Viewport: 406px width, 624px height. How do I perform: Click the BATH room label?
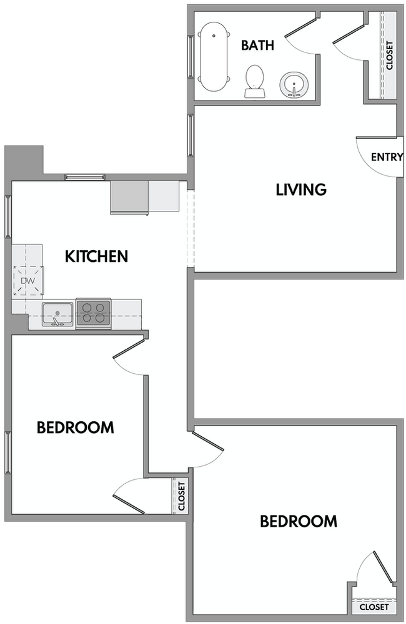click(256, 45)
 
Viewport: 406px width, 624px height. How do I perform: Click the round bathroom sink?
click(293, 84)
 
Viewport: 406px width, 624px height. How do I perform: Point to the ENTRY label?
click(387, 157)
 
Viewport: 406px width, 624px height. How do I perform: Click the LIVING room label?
click(301, 189)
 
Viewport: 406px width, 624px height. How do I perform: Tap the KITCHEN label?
click(97, 256)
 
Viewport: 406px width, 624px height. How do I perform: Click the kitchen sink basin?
click(57, 312)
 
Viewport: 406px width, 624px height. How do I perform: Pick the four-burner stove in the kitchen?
click(93, 311)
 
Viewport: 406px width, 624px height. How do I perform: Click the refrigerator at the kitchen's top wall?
click(129, 198)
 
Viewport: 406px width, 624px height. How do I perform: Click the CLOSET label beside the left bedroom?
click(182, 496)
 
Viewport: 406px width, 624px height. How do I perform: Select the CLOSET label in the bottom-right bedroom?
click(374, 607)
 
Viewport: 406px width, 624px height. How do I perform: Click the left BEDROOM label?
click(75, 427)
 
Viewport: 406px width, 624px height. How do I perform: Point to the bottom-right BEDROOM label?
click(299, 520)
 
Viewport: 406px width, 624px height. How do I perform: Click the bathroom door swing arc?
click(302, 39)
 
